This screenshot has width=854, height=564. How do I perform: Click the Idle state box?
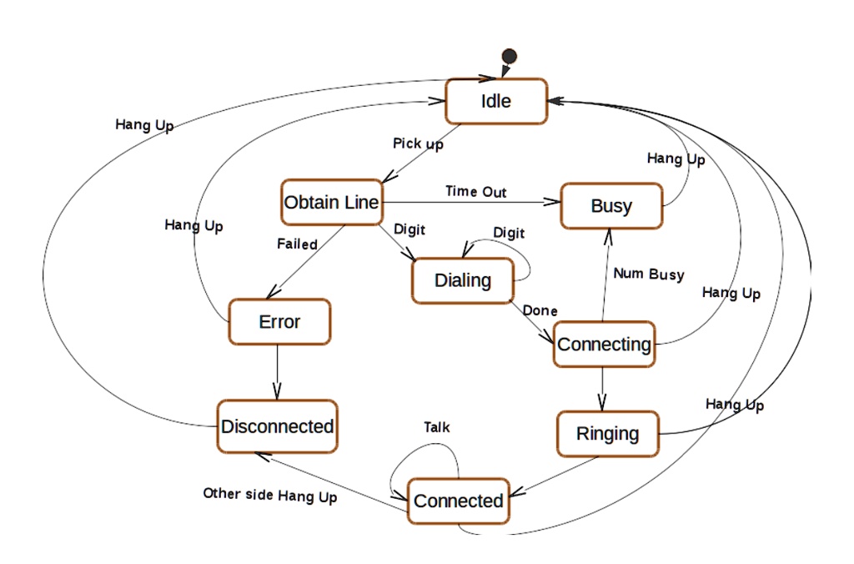(x=496, y=101)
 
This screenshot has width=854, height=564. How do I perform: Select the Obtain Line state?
(x=331, y=202)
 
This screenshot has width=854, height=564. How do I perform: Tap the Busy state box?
(x=611, y=206)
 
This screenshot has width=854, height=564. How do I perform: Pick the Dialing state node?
(x=462, y=280)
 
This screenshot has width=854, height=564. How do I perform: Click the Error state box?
(x=279, y=322)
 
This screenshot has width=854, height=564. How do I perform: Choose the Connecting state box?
(x=604, y=344)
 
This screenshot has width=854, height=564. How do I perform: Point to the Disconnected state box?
(x=278, y=426)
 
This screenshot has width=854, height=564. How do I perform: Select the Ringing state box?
(x=607, y=434)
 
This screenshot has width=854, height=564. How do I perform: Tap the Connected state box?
(x=458, y=501)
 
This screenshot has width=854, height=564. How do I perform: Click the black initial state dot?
(x=509, y=56)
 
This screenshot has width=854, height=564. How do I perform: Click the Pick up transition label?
(x=418, y=144)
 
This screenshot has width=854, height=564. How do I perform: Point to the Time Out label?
(x=475, y=191)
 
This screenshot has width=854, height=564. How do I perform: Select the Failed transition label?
(x=297, y=244)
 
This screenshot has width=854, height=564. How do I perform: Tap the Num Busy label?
(x=648, y=274)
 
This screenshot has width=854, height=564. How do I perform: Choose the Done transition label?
(x=540, y=310)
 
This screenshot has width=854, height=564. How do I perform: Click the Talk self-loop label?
(x=436, y=427)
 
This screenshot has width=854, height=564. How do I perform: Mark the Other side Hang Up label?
(x=269, y=495)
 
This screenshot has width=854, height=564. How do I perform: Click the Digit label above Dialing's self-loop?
(x=509, y=232)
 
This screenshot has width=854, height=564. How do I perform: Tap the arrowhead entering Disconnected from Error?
(x=277, y=392)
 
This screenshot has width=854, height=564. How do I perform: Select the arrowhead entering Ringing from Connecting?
(x=602, y=403)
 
